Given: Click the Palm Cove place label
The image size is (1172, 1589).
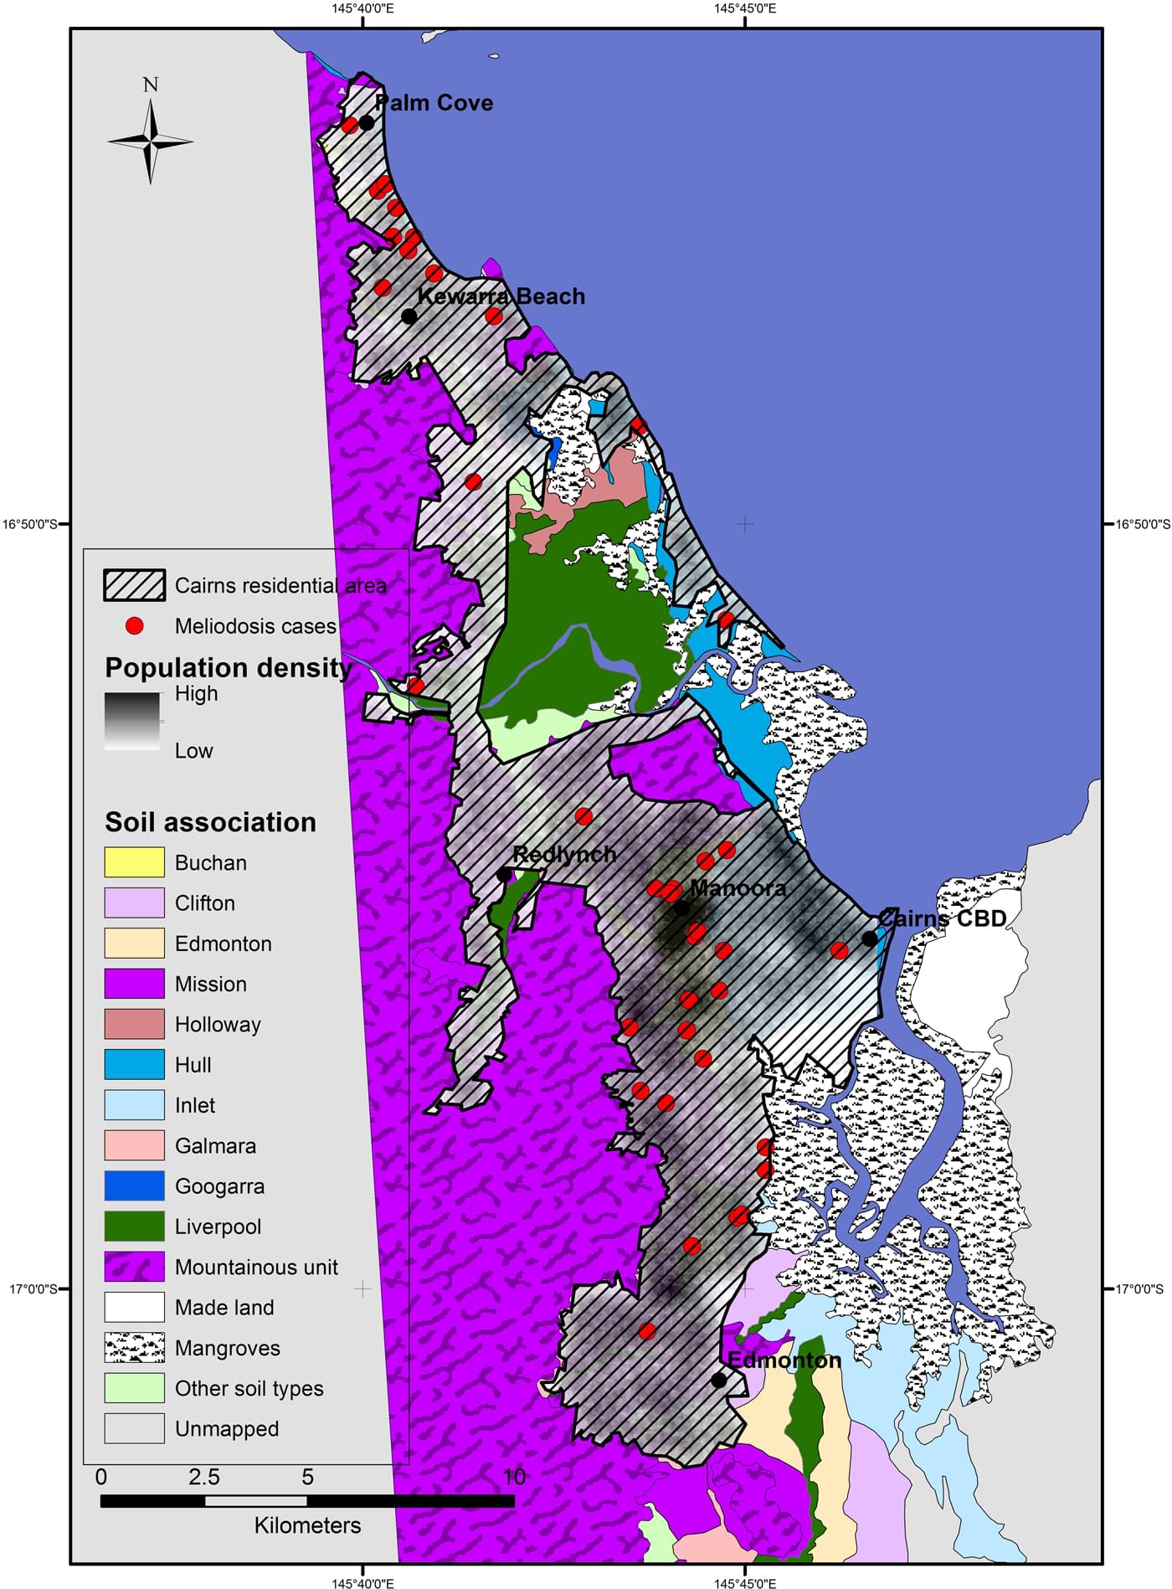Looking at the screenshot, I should point(434,103).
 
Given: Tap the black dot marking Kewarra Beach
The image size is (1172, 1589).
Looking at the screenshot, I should point(409,316).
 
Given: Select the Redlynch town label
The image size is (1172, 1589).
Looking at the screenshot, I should point(564,854).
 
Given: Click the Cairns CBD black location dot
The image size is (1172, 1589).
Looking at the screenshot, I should point(870,939).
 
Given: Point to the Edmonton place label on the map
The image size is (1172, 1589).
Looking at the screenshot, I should point(784,1360).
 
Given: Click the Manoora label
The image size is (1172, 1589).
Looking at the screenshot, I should point(738,888).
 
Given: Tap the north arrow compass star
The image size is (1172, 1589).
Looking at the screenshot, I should point(151,141).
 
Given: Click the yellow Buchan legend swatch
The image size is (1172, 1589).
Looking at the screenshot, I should point(134,862).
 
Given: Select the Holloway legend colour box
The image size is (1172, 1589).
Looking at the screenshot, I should point(134,1024).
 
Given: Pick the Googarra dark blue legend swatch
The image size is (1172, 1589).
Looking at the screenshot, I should point(134,1185).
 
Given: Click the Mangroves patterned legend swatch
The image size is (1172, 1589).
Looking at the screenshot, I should point(134,1348).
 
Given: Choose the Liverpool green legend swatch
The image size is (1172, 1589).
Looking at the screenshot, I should point(134,1226).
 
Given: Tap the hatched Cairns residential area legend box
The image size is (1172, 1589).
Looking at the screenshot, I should point(134,585).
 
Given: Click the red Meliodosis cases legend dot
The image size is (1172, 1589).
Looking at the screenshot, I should point(134,626).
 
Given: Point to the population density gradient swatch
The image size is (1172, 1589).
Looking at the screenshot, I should point(132,721).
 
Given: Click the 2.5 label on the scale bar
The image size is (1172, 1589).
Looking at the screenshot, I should point(203,1478).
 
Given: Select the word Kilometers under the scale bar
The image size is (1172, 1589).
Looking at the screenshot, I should point(307,1525).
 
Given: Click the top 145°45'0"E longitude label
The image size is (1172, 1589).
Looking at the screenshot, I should point(744,9).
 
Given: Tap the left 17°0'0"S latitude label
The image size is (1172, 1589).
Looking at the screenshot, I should point(33,1289).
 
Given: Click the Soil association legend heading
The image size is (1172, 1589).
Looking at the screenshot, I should point(210,822).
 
